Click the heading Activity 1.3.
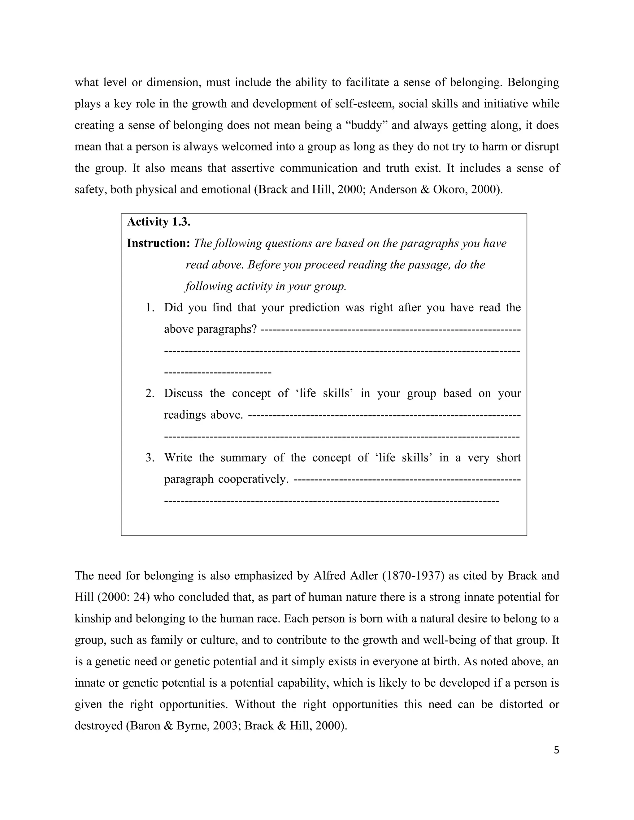point(158,222)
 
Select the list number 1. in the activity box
point(150,308)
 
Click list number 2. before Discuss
point(150,394)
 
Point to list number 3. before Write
point(150,458)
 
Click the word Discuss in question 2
point(184,394)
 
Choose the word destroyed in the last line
point(98,725)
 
